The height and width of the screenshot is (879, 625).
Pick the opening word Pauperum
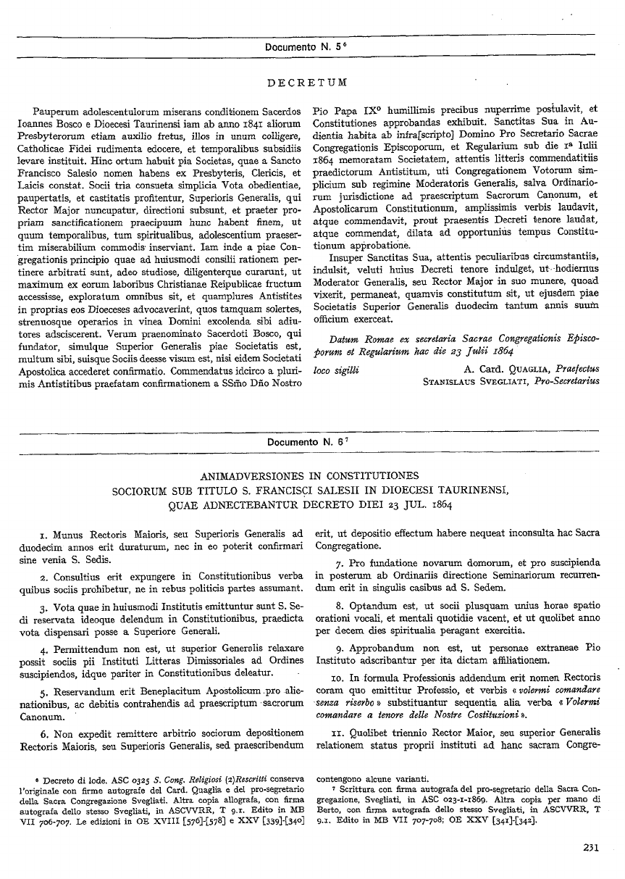[56, 112]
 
